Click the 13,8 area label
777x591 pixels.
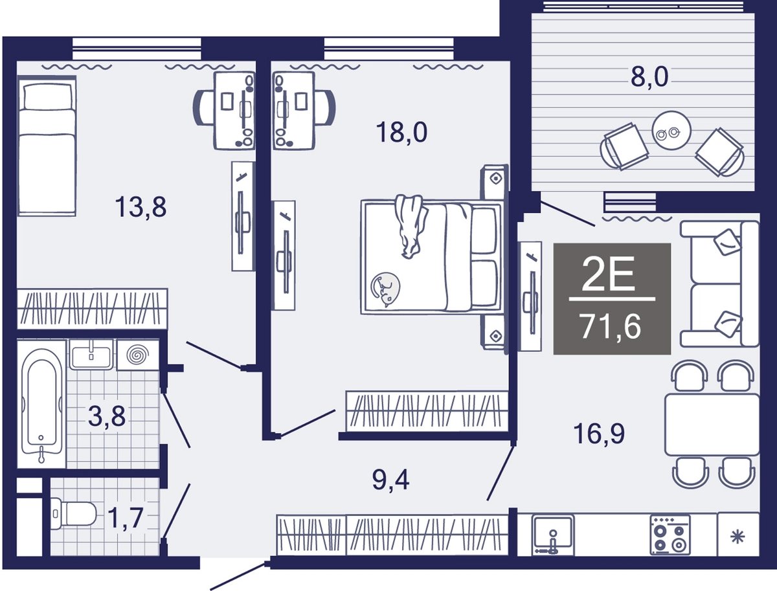[x=141, y=208]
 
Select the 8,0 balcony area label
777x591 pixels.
[x=649, y=78]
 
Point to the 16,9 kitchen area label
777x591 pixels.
[x=599, y=434]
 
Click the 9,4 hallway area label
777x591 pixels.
[x=391, y=480]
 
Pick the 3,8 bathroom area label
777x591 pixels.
[x=107, y=416]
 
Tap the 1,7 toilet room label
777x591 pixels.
[x=125, y=518]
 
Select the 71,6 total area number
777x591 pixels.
[x=611, y=328]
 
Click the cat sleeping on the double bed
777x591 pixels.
[x=385, y=289]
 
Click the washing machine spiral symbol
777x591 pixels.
[x=138, y=354]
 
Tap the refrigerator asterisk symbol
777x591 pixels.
[x=738, y=537]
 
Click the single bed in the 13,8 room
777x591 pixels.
[x=47, y=146]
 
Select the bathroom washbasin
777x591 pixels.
[x=91, y=355]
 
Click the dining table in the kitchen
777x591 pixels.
[x=712, y=425]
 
